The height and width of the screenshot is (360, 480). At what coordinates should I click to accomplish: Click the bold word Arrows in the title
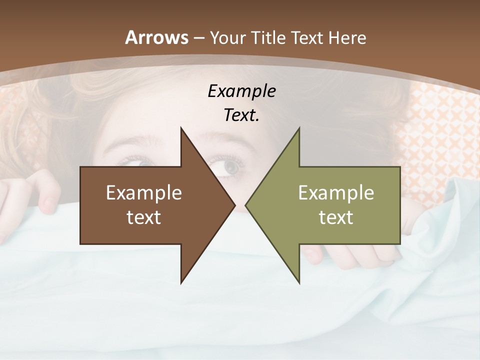(x=156, y=37)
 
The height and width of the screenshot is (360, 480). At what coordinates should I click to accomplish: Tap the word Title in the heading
(x=269, y=37)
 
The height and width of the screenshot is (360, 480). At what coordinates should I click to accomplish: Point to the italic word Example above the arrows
(x=241, y=91)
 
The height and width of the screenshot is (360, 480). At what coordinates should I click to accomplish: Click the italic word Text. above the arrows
(x=241, y=115)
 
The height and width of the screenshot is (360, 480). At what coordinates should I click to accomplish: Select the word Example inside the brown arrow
(x=144, y=193)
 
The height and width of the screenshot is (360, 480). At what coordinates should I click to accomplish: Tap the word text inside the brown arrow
(x=144, y=217)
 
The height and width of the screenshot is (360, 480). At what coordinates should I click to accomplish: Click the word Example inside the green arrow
(x=336, y=193)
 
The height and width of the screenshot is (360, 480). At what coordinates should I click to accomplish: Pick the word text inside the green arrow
(x=336, y=217)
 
